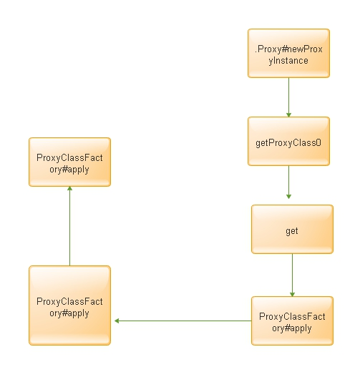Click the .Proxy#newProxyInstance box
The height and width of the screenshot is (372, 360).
coord(288,53)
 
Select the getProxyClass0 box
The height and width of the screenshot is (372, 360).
coord(288,141)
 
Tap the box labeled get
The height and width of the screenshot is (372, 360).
coord(292,229)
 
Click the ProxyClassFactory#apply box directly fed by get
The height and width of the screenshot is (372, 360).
coord(292,320)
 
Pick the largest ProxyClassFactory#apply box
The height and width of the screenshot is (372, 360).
coord(69,305)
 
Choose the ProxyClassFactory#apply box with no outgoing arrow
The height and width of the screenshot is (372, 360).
coord(69,162)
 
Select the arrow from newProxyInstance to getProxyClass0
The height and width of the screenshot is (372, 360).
coord(288,97)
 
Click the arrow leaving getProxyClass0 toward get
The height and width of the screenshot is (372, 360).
coord(288,182)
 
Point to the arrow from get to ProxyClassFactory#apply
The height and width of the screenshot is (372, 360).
coord(292,275)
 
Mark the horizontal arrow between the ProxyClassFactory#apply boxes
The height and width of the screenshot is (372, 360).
coord(183,320)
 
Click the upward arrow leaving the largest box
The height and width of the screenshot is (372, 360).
coord(69,226)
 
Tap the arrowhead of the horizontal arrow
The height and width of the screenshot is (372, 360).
coord(117,320)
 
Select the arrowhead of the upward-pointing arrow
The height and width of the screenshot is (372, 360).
coord(69,189)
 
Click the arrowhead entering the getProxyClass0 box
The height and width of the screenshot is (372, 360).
coord(288,115)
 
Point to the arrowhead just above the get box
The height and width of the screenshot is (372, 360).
coord(288,197)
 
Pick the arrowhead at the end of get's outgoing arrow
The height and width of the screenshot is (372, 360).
coord(292,294)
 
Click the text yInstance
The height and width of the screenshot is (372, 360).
coord(288,61)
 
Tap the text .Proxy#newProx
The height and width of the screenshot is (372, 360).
coord(288,49)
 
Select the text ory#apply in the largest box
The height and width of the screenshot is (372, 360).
coord(69,313)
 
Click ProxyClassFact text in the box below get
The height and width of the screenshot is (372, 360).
coord(292,316)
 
